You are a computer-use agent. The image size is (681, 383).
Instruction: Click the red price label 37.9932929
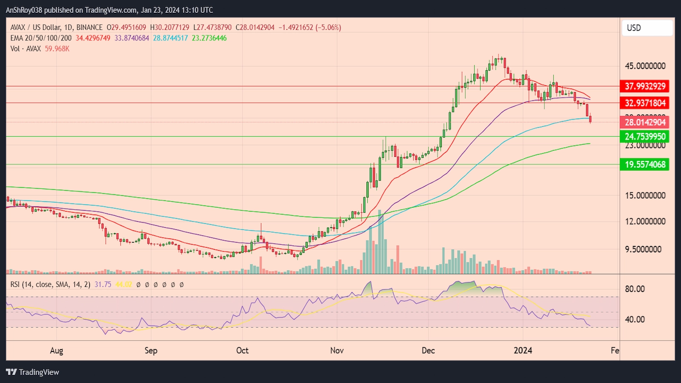(645, 86)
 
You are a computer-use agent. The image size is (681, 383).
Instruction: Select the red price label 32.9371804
(645, 103)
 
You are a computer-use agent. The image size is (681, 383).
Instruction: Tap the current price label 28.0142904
(645, 123)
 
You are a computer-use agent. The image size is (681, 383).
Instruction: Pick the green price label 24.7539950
(645, 137)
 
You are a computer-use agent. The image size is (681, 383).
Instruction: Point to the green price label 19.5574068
(645, 164)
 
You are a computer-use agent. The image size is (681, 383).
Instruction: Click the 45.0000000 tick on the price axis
(645, 66)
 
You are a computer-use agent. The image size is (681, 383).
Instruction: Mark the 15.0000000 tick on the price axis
(645, 196)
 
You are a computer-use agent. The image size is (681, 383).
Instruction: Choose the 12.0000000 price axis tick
(645, 221)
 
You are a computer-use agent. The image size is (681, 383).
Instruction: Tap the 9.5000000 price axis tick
(643, 249)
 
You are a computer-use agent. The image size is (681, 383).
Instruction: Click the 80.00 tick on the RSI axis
(635, 289)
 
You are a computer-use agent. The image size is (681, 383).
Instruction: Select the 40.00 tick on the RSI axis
(635, 319)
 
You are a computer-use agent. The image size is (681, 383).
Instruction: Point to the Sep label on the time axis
(151, 350)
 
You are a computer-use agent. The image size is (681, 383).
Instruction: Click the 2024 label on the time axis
(523, 350)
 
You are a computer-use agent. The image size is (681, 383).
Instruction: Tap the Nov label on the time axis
(337, 350)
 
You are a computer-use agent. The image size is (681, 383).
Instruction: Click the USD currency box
(647, 28)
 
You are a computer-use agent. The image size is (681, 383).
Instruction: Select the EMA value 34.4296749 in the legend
(93, 38)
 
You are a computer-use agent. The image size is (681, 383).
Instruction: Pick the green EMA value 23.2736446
(209, 38)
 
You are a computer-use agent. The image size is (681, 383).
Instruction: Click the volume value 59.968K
(57, 49)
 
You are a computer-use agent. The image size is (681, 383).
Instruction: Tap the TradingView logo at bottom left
(32, 372)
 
